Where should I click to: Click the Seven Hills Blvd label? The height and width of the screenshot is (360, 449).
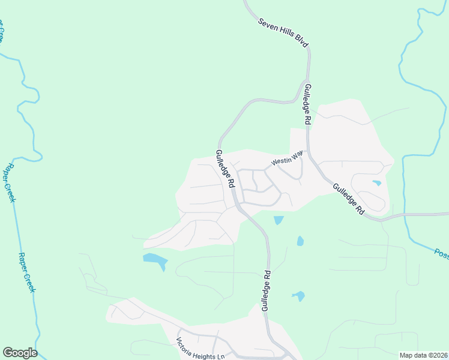pyautogui.click(x=283, y=33)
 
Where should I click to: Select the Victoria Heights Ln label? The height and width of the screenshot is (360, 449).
pyautogui.click(x=200, y=349)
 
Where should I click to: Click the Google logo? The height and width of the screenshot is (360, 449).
pyautogui.click(x=20, y=353)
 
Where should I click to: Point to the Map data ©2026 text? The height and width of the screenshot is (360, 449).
pyautogui.click(x=423, y=355)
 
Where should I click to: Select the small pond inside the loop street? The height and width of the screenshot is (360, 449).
pyautogui.click(x=376, y=183)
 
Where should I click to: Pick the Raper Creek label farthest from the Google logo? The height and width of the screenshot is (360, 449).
pyautogui.click(x=10, y=183)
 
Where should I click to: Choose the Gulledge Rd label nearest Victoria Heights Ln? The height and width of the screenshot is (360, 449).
pyautogui.click(x=265, y=291)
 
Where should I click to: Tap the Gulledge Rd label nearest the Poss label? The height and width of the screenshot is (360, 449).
pyautogui.click(x=349, y=200)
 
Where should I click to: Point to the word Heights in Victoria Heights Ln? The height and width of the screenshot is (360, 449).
pyautogui.click(x=203, y=351)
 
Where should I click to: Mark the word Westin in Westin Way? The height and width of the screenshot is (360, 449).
pyautogui.click(x=280, y=161)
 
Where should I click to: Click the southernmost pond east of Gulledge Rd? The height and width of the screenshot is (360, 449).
pyautogui.click(x=298, y=296)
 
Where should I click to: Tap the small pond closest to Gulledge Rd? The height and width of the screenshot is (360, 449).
pyautogui.click(x=279, y=220)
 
